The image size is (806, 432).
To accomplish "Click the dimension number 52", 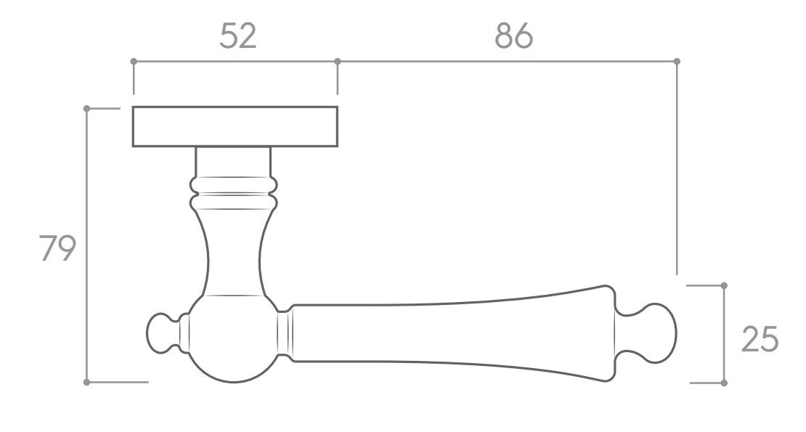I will (x=238, y=36).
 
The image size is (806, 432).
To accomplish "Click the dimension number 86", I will (x=513, y=36).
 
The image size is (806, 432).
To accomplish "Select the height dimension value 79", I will (x=57, y=249).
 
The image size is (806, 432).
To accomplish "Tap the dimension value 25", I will (x=760, y=339).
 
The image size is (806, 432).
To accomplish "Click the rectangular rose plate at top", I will (x=235, y=126).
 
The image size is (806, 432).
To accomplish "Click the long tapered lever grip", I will (x=450, y=334).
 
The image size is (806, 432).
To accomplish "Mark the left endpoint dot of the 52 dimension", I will (x=133, y=61).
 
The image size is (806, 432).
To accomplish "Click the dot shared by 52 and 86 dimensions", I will (x=337, y=61).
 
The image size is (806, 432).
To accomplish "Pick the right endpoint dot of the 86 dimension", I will (x=677, y=61).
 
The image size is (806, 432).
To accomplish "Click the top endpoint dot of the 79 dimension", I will (x=86, y=108).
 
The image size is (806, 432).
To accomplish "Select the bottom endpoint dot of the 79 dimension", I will (x=86, y=382).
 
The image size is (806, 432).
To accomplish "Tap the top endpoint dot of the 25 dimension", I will (x=723, y=285).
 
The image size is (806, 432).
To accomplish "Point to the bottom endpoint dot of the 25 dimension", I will (x=723, y=383).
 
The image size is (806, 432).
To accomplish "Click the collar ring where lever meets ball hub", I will (x=285, y=334).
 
